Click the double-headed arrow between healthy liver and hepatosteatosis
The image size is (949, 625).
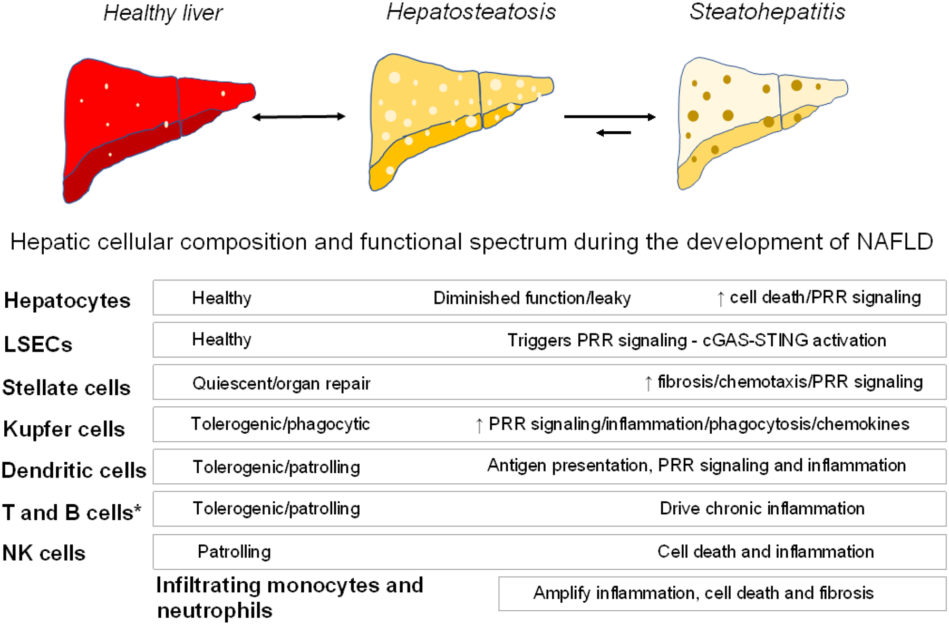click(x=298, y=116)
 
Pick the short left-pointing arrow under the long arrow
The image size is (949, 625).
click(x=614, y=133)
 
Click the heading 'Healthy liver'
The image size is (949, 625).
click(x=163, y=13)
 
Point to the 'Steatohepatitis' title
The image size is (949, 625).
click(x=767, y=12)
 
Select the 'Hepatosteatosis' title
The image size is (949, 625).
click(x=471, y=12)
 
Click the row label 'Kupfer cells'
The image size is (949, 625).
click(x=64, y=429)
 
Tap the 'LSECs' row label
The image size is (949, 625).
click(x=38, y=344)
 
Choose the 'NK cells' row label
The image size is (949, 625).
click(x=44, y=553)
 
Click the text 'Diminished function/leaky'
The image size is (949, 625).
click(x=532, y=298)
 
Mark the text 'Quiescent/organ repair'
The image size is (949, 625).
click(x=281, y=383)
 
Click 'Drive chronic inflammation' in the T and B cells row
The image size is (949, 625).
click(x=762, y=509)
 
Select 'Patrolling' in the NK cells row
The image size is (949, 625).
click(x=234, y=552)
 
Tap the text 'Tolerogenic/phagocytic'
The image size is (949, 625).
click(x=280, y=424)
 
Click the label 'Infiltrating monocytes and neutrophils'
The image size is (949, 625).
click(x=289, y=598)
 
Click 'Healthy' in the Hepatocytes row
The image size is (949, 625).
click(x=221, y=298)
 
